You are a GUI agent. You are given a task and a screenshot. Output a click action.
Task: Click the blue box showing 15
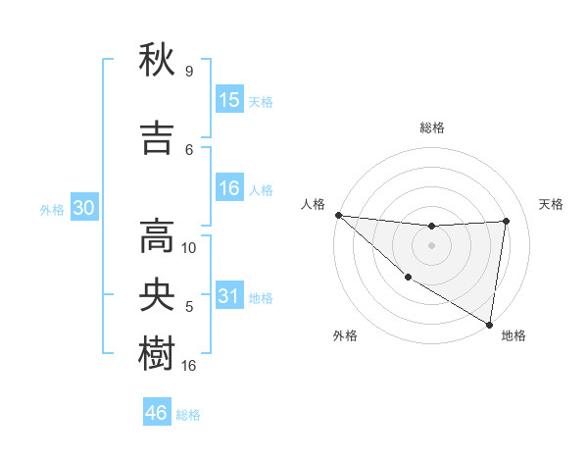pos(229,99)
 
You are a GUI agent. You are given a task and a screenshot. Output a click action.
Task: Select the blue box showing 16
pos(229,188)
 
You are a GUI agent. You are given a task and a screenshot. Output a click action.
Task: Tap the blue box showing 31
pos(229,296)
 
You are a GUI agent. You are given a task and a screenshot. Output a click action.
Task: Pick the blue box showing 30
pos(83,208)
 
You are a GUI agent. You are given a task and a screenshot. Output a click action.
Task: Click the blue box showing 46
pos(157,413)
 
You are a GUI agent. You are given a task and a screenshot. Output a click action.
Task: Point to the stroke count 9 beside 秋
pos(188,72)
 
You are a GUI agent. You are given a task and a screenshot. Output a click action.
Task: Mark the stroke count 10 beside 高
pos(189,247)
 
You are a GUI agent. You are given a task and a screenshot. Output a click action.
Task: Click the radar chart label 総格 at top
pos(431,128)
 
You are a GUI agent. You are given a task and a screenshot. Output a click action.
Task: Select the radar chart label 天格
pos(552,204)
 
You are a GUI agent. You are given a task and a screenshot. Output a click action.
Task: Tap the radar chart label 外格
pos(345,335)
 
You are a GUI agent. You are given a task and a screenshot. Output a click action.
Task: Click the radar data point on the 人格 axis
pos(338,215)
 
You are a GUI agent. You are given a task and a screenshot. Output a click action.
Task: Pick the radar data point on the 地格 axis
pos(489,323)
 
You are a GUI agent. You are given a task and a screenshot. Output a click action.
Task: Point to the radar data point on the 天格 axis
pos(507,221)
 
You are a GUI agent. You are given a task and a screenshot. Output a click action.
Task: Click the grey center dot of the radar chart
pos(431,245)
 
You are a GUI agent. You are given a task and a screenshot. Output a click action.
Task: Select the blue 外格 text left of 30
pos(51,209)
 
